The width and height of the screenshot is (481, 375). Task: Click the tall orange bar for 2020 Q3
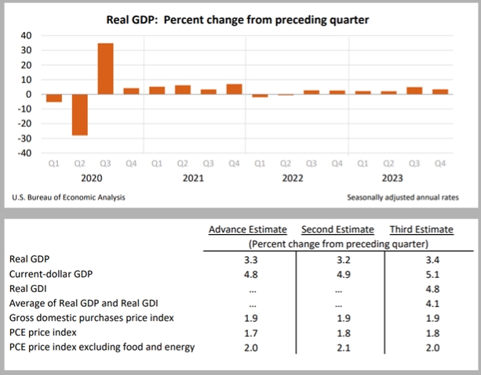(x=105, y=69)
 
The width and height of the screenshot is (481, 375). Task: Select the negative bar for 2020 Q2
(x=79, y=114)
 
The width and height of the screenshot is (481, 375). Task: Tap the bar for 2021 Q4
(x=234, y=89)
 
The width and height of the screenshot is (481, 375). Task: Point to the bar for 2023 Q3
(x=414, y=91)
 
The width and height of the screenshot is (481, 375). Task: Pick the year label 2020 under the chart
(x=93, y=178)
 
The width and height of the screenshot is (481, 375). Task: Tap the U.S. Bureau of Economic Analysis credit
(x=69, y=198)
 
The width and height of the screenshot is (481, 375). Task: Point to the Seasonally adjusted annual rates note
(x=403, y=198)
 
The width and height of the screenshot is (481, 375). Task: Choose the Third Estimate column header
(x=421, y=229)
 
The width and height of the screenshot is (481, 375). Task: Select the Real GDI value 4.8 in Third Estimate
(x=421, y=289)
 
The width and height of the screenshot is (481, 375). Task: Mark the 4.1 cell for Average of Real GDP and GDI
(x=421, y=303)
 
